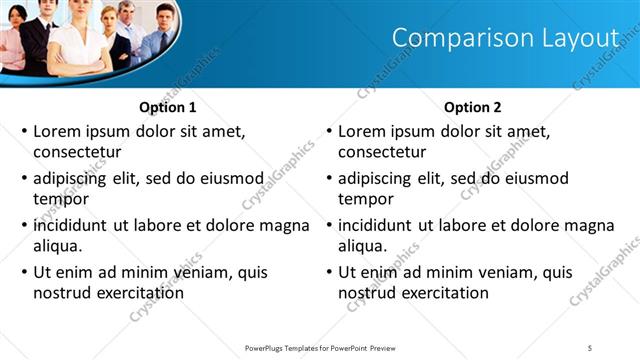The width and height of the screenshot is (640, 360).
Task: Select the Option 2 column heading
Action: click(x=473, y=107)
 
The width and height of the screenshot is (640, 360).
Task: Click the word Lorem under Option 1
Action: click(x=57, y=131)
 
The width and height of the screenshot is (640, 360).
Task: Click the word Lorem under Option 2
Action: click(x=362, y=131)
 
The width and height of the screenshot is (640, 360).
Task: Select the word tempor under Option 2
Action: click(x=362, y=199)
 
